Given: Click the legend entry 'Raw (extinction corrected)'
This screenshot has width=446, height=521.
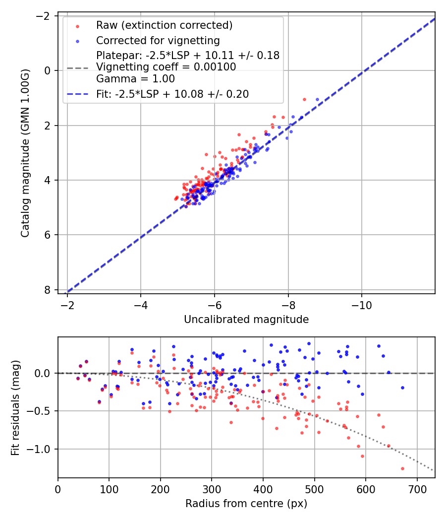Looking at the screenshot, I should [164, 25].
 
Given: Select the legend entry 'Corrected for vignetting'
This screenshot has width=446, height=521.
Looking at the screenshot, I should [158, 40].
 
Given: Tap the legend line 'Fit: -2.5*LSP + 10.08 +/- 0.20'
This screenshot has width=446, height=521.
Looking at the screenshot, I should [172, 94].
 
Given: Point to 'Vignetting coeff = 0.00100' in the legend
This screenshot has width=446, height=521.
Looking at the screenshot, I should [166, 67].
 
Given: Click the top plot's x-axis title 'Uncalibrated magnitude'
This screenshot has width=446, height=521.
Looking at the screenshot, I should [246, 320].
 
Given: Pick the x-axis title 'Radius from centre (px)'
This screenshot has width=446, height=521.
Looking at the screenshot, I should [246, 504].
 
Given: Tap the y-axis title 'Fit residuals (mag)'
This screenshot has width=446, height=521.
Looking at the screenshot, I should [15, 407].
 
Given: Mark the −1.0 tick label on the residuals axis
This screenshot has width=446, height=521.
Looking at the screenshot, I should [41, 449].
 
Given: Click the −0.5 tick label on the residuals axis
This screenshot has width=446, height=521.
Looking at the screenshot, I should [41, 411].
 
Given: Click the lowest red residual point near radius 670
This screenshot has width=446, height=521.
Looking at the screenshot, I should [402, 468].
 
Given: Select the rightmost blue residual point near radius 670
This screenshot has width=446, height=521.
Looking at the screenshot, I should [402, 388].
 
